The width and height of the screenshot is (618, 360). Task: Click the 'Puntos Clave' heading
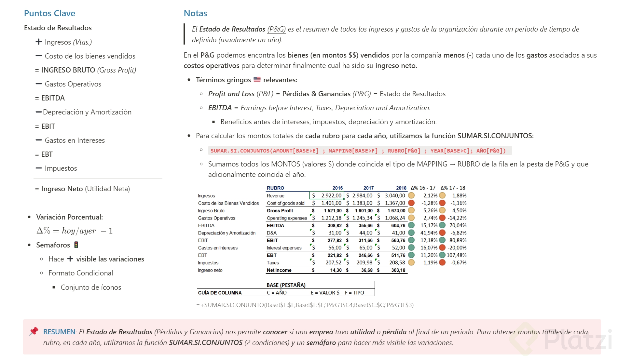pos(49,13)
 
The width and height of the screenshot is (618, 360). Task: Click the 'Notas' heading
pos(195,13)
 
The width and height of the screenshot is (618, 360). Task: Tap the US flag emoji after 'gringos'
pos(257,79)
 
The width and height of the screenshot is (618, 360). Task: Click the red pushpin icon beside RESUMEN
pos(34,331)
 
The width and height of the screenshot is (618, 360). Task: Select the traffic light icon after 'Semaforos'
pos(76,245)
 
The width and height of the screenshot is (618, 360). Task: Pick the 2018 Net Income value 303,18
pos(398,270)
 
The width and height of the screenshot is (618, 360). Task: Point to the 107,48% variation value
pos(456,255)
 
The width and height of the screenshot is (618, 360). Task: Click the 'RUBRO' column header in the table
pos(275,188)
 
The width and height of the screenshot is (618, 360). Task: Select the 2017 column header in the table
pos(368,188)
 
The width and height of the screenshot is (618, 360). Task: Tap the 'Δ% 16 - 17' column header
pos(423,188)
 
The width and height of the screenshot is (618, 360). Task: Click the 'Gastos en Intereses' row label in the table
pos(218,248)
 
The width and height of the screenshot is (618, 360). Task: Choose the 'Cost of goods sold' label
pos(285,203)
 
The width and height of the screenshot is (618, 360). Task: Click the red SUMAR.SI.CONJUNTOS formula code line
pos(358,151)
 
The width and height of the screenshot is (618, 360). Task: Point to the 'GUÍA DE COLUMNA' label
pos(220,293)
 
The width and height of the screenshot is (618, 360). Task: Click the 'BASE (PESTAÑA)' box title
pos(286,285)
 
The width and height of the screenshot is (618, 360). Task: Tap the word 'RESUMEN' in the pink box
pos(59,332)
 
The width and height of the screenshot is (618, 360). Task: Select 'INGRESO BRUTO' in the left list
pos(68,70)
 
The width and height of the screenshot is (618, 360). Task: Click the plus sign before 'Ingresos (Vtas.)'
pos(39,42)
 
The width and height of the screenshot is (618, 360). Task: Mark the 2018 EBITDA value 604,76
pos(398,225)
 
